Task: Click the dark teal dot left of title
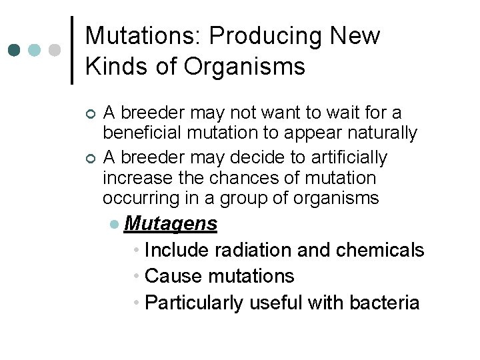click(x=15, y=50)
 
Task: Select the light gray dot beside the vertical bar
click(x=55, y=50)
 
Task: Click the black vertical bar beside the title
click(x=72, y=50)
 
